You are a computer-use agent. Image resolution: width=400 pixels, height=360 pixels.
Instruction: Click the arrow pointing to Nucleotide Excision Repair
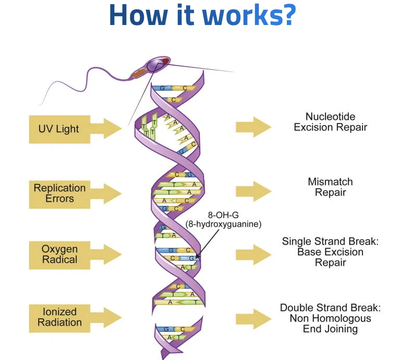pos(253,127)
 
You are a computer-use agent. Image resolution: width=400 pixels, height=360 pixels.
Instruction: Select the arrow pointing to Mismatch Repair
pos(253,190)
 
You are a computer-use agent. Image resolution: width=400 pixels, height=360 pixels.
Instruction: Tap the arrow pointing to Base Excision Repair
pos(253,254)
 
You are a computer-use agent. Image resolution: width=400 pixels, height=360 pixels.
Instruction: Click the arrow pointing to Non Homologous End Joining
pos(253,318)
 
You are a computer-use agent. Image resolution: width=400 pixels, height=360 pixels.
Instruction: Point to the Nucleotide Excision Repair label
pos(330,121)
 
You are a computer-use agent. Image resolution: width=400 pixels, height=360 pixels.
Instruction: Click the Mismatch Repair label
pos(330,187)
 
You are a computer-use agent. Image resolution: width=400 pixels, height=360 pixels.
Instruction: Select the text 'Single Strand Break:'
pos(330,241)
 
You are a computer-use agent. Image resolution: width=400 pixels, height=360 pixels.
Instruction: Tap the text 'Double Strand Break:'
pos(330,307)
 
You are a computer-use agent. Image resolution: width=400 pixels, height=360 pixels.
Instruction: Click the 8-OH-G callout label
pos(223,215)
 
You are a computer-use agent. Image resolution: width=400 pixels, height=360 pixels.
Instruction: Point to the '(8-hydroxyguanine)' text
pos(223,225)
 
